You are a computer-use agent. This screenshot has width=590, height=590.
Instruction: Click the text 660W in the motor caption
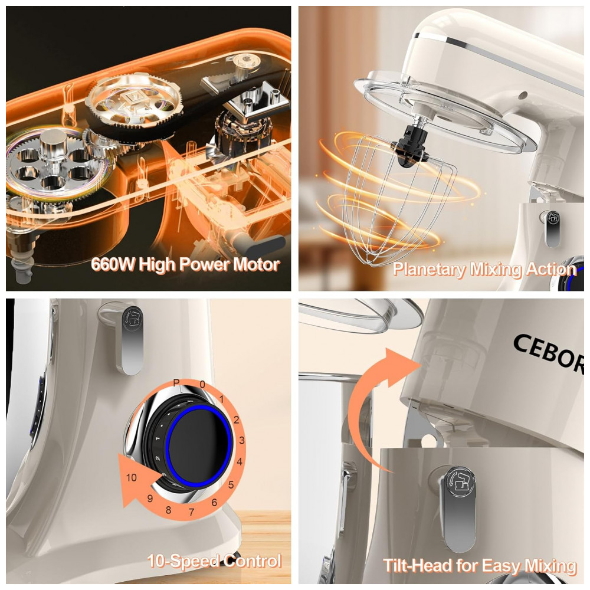click(x=113, y=264)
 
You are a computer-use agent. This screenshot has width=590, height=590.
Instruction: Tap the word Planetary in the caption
click(x=429, y=270)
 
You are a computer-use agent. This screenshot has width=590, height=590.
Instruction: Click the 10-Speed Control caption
click(x=214, y=561)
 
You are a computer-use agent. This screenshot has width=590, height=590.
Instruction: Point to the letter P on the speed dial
click(x=176, y=383)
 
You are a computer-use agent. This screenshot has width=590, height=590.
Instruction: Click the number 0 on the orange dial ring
click(x=202, y=385)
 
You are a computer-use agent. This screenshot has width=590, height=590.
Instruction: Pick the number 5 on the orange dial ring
click(x=231, y=484)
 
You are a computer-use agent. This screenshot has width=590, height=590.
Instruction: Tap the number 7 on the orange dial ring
click(x=192, y=512)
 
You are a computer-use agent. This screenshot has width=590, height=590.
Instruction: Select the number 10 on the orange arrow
click(x=132, y=477)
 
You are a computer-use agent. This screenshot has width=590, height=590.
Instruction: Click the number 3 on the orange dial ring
click(x=241, y=440)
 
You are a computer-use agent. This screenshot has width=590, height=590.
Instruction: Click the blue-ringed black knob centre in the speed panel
click(x=198, y=446)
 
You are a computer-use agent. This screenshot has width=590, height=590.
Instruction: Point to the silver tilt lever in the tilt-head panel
click(x=458, y=508)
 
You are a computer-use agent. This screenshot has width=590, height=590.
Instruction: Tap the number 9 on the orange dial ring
click(x=150, y=499)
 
